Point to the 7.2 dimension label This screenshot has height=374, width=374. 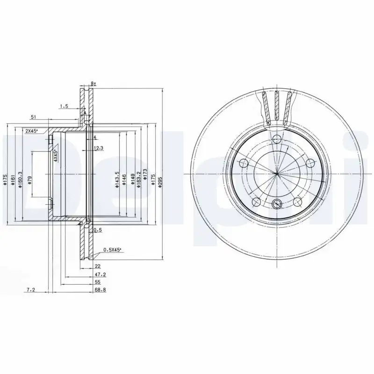click(31, 290)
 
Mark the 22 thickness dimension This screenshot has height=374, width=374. click(98, 267)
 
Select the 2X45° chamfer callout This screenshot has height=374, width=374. click(32, 131)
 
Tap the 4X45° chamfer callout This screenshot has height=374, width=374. click(55, 155)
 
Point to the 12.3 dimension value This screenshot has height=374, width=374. click(98, 148)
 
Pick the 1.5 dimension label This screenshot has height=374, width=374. click(64, 107)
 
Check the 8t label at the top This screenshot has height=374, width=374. click(93, 84)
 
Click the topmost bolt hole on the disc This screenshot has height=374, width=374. click(277, 139)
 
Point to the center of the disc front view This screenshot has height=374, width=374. click(277, 173)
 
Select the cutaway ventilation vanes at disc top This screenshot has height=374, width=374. click(276, 107)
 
